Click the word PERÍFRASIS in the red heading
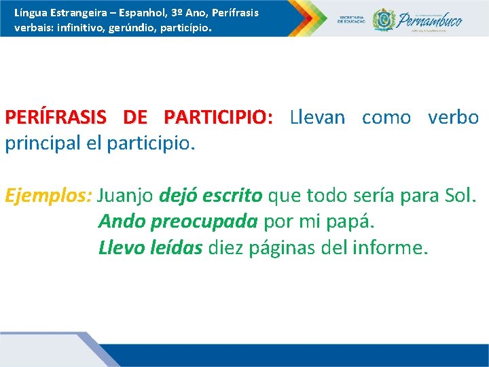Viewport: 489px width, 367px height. (x=55, y=118)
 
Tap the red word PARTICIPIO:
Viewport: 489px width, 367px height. (x=218, y=118)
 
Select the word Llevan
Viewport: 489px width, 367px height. (x=317, y=118)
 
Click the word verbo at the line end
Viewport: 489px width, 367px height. (x=453, y=118)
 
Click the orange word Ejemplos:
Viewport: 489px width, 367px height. (x=48, y=196)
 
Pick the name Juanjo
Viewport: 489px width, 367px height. (x=126, y=196)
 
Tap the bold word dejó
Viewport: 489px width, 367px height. (x=177, y=196)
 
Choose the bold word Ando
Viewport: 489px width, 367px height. (x=122, y=222)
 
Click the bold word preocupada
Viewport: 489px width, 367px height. (x=204, y=222)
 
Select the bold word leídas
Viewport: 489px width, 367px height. (x=178, y=247)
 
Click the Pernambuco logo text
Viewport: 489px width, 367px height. (x=430, y=20)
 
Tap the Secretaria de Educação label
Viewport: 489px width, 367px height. (x=351, y=19)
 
